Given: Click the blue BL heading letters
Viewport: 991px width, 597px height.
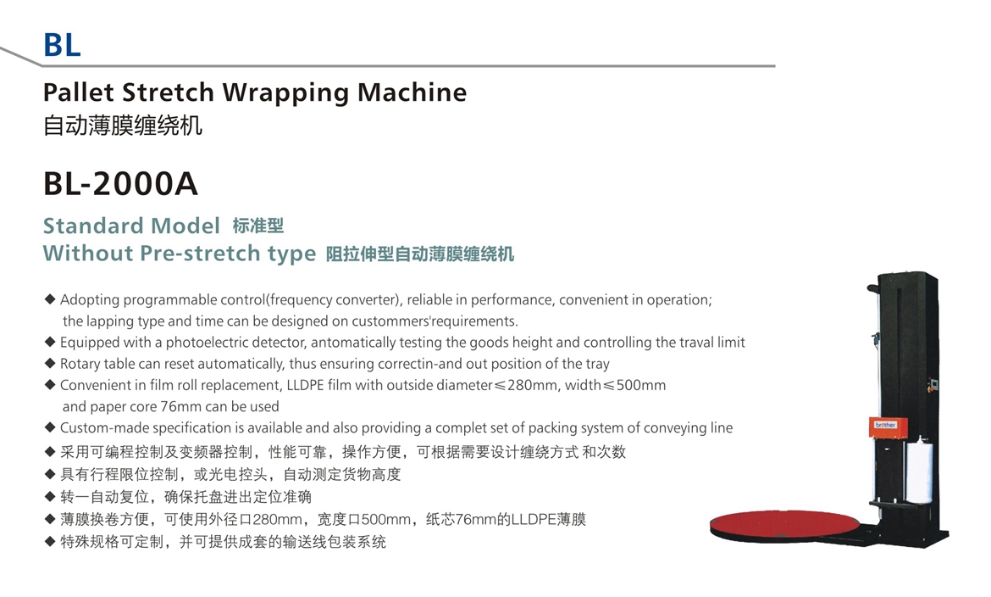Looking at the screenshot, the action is (62, 45).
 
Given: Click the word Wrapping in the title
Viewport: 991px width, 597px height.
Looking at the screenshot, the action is (285, 93).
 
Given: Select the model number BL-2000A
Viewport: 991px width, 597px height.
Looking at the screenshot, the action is (120, 184).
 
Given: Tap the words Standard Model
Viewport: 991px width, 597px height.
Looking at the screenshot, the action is (131, 226).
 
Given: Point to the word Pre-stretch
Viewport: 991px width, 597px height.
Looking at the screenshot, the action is (200, 253).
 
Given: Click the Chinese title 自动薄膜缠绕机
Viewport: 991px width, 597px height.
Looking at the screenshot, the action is (123, 125).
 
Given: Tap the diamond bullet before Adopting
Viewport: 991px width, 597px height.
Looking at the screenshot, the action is (50, 298).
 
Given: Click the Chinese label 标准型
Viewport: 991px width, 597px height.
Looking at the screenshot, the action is (257, 226).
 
